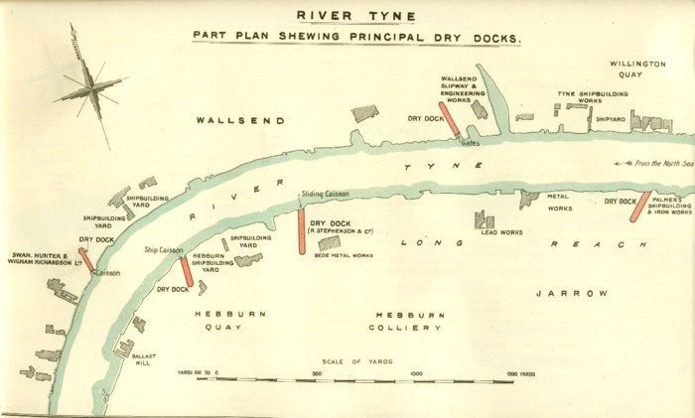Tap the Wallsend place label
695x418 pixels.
click(239, 120)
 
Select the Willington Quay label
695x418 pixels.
click(637, 69)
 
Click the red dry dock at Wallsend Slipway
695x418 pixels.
click(449, 118)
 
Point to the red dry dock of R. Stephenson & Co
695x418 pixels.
click(301, 232)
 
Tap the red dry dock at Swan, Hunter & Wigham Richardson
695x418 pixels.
click(85, 259)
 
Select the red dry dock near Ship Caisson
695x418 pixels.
click(186, 271)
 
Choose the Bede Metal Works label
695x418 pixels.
click(343, 255)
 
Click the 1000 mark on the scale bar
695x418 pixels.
click(417, 374)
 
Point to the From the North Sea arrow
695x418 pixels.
click(650, 163)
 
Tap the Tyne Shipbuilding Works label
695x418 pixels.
click(578, 97)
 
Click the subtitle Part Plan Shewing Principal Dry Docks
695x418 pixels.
click(357, 37)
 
